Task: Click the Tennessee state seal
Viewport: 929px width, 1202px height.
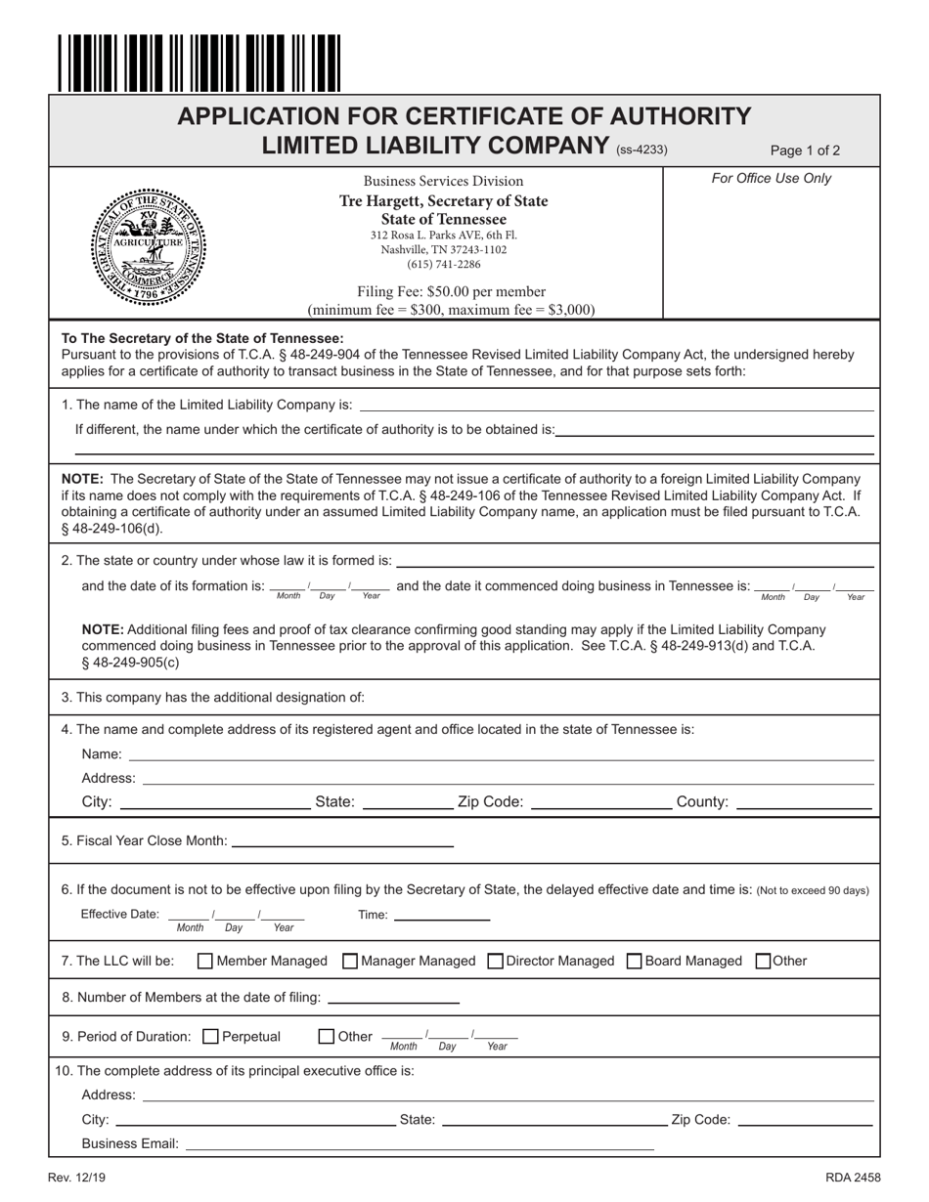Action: [151, 244]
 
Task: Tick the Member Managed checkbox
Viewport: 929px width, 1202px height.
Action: [205, 961]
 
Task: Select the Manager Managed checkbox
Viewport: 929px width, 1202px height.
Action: [350, 961]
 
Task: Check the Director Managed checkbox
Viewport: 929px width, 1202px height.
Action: [495, 961]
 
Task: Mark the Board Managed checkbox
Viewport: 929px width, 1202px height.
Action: [634, 961]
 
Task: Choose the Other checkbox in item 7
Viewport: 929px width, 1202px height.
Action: [765, 961]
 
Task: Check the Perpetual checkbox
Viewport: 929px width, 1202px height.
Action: [210, 1037]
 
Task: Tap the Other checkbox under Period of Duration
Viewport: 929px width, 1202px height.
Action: [328, 1037]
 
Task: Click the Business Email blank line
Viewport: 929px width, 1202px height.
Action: [420, 1143]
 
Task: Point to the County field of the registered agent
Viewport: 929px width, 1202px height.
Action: [803, 801]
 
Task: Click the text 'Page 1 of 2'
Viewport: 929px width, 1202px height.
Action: [805, 150]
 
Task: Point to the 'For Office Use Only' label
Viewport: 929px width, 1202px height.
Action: [772, 179]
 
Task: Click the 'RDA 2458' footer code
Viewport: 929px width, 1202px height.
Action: [852, 1179]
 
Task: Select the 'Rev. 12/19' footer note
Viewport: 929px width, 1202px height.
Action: [76, 1179]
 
